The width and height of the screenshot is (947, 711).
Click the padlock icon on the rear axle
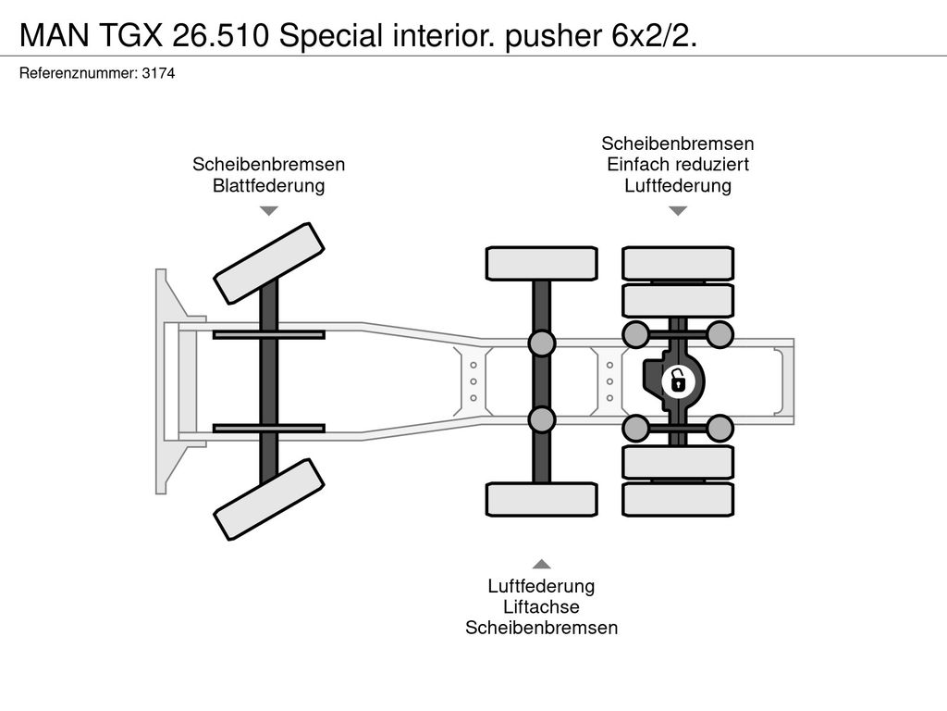(x=678, y=380)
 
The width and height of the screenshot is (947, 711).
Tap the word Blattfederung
(x=268, y=186)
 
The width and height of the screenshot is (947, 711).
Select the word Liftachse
(x=541, y=607)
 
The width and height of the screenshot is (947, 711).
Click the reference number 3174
(x=158, y=73)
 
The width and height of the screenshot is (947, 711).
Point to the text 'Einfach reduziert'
(x=678, y=165)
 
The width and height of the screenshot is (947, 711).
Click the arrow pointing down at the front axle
(x=268, y=211)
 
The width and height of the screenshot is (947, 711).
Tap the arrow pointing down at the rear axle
(x=678, y=211)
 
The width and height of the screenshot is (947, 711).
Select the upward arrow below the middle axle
(x=541, y=564)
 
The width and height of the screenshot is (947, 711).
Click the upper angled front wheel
(x=269, y=263)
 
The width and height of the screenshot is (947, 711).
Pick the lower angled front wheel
(x=269, y=499)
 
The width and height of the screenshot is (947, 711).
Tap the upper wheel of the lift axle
(x=541, y=263)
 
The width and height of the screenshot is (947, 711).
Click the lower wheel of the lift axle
(x=541, y=499)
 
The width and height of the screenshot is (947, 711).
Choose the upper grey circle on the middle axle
(x=541, y=343)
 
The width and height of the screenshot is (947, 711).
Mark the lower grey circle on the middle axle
(x=541, y=418)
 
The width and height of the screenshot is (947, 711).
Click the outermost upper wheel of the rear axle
(x=678, y=263)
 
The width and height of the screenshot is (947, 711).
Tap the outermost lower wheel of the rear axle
(x=678, y=500)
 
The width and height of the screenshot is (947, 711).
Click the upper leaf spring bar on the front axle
(x=268, y=333)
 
